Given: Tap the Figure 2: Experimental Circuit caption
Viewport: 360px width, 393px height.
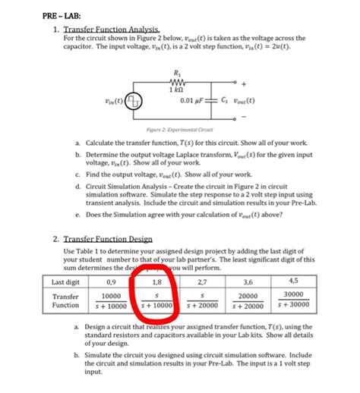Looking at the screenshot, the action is point(179,131).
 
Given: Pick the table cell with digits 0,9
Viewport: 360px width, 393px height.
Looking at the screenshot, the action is point(112,282).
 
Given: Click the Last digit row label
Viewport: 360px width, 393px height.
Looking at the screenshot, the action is point(67,282).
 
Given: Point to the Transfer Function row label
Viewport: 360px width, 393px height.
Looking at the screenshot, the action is point(66,300).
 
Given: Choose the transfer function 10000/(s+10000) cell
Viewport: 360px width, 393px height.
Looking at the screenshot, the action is point(112,301).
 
